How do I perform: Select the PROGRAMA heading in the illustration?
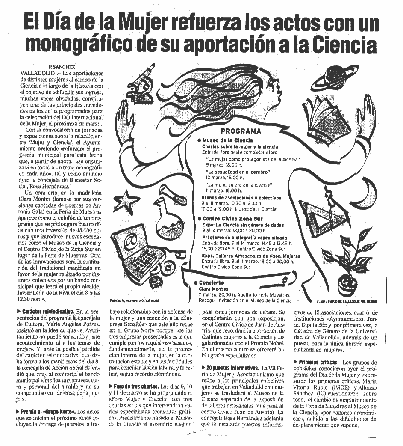[241, 131]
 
